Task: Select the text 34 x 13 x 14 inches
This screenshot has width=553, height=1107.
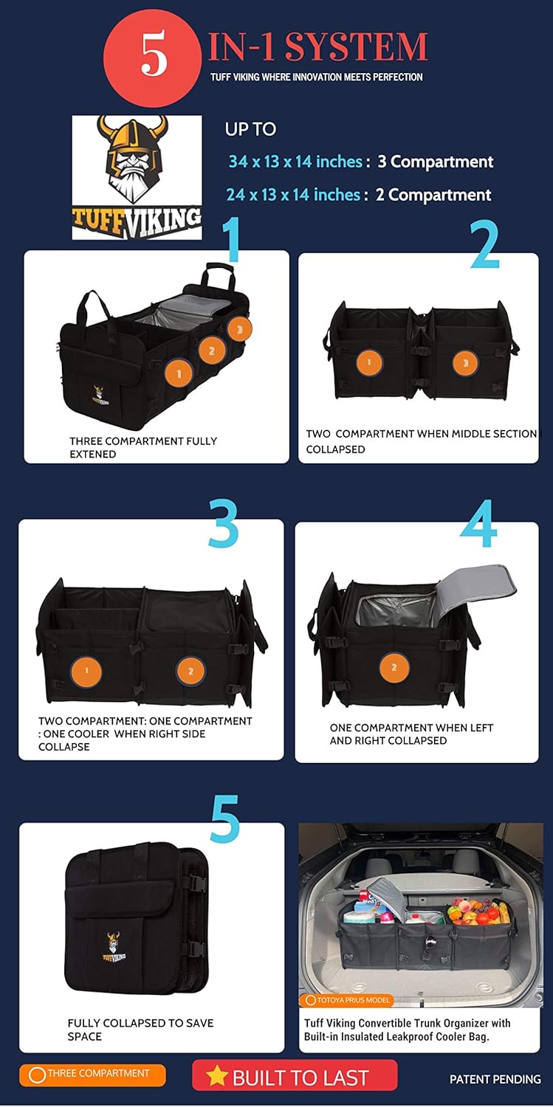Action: click(x=295, y=162)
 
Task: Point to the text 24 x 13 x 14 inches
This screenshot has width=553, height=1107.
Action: click(x=293, y=195)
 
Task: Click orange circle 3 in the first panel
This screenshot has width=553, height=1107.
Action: click(x=240, y=329)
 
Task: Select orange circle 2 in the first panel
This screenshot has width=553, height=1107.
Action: click(x=212, y=351)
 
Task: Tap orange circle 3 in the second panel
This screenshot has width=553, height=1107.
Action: click(x=466, y=363)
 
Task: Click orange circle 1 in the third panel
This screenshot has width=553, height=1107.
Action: click(x=86, y=671)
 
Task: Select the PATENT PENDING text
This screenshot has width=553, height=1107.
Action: click(x=495, y=1079)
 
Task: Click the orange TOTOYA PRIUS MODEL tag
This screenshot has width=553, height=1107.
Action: click(x=346, y=1000)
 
